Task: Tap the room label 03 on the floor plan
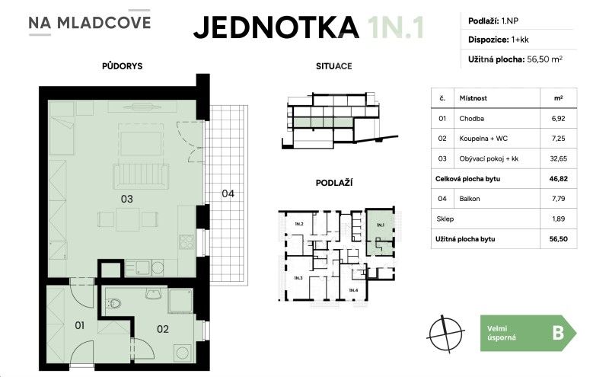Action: click(x=127, y=200)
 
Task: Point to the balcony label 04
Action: click(x=228, y=193)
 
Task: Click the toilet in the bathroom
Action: click(x=115, y=305)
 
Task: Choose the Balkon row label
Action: click(x=469, y=199)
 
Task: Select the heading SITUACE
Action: click(x=333, y=66)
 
